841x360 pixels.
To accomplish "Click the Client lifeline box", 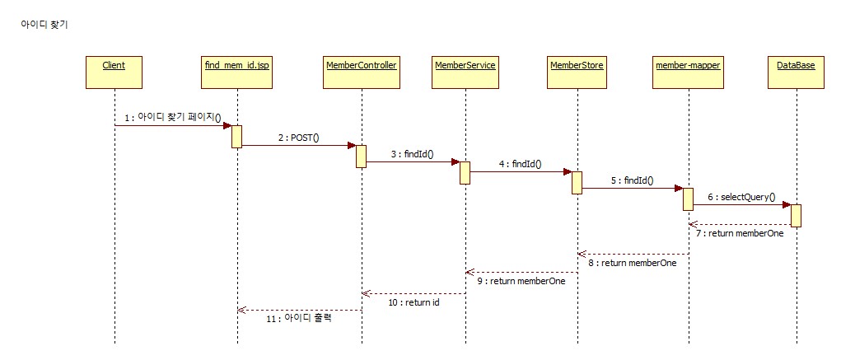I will pyautogui.click(x=114, y=71).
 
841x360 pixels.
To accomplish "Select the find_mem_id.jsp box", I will pyautogui.click(x=236, y=71).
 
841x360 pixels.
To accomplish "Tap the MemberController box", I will pyautogui.click(x=361, y=71).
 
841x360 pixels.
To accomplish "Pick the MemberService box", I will pyautogui.click(x=465, y=71).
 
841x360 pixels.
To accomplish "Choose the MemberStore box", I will pyautogui.click(x=577, y=71).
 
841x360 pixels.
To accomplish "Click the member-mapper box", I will pyautogui.click(x=687, y=71).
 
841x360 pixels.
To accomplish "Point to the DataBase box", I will pyautogui.click(x=796, y=71).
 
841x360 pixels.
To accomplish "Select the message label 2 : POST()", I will pyautogui.click(x=298, y=137).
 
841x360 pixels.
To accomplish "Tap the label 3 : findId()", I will pyautogui.click(x=413, y=153).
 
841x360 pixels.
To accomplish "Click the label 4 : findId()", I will pyautogui.click(x=520, y=164).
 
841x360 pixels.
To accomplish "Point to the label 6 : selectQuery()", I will pyautogui.click(x=741, y=197).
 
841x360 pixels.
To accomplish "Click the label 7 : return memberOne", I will pyautogui.click(x=740, y=233).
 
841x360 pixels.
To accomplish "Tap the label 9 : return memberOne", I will pyautogui.click(x=521, y=281).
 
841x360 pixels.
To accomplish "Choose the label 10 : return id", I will pyautogui.click(x=413, y=302).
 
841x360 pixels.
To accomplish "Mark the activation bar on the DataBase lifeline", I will pyautogui.click(x=796, y=215).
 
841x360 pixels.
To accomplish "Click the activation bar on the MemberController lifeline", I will pyautogui.click(x=361, y=156).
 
